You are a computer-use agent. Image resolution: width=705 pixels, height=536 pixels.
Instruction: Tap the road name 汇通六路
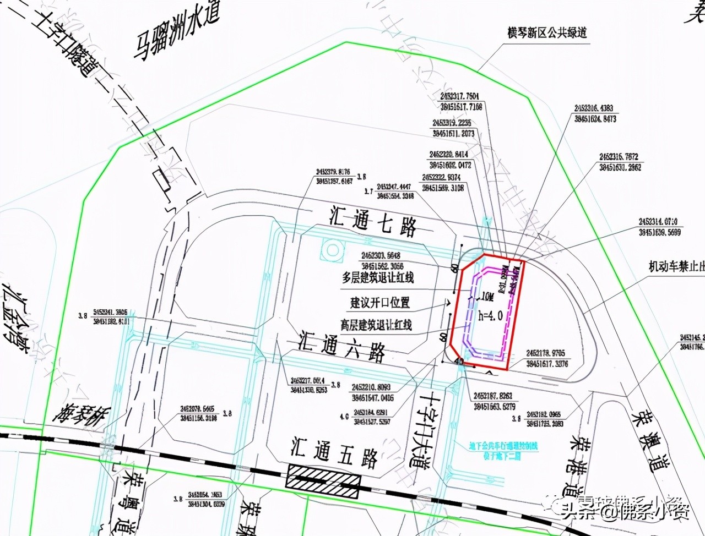coord(341,346)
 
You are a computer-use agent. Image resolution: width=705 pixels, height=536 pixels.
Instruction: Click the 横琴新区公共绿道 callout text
coord(547,33)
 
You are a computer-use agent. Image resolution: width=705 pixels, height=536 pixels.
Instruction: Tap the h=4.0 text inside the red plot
coord(491,316)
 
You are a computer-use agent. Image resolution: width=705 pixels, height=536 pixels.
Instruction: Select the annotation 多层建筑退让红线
coord(377,278)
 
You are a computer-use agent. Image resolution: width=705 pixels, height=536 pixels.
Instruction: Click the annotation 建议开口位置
coord(380,302)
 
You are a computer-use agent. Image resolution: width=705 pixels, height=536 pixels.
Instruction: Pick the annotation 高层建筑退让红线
coord(376,325)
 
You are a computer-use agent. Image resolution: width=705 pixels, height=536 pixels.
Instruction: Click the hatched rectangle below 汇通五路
coord(323,477)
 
